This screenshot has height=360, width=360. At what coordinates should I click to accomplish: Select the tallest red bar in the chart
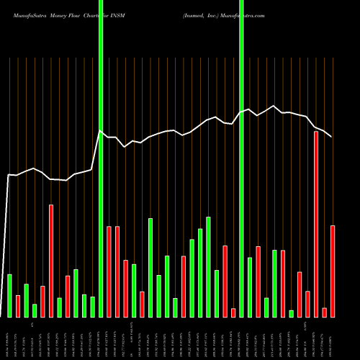point(316,224)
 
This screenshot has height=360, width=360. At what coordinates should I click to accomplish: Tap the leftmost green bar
point(9,295)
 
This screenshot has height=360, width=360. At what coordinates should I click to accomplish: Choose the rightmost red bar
point(333,271)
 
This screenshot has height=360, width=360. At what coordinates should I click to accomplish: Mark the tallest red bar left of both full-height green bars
point(51,261)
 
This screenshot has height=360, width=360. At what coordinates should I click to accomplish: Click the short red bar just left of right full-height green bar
point(233,312)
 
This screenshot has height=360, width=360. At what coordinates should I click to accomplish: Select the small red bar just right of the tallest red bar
point(325,312)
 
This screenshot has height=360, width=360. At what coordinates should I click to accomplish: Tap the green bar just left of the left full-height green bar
point(93,307)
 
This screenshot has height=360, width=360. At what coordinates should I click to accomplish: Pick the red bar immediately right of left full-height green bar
point(109,271)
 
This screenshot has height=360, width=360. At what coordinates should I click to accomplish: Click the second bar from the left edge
point(18,306)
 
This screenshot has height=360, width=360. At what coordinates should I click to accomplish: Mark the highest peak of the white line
point(274,106)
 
